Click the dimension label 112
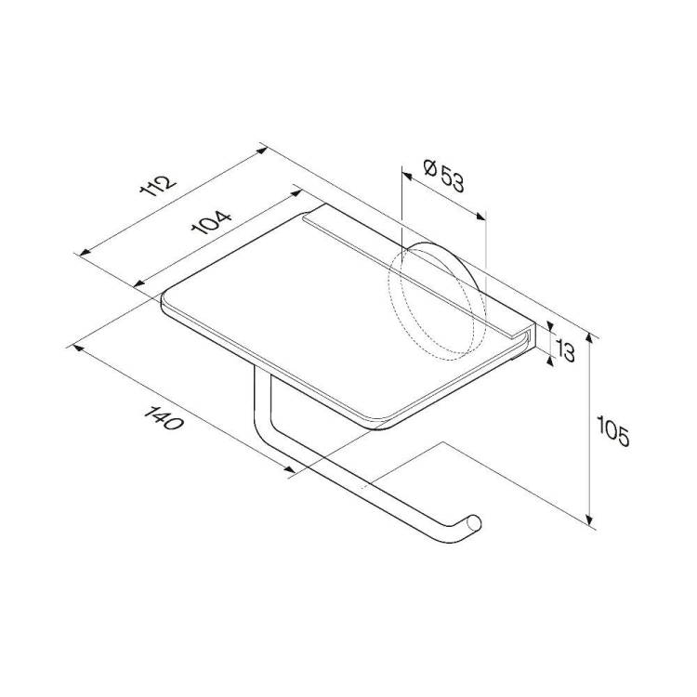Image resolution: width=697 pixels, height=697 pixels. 158,186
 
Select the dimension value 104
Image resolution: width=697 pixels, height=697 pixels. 212,222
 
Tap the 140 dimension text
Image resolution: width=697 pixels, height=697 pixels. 164,418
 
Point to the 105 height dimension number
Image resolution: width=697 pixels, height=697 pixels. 613,430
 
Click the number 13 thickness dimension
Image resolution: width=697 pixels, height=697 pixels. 564,351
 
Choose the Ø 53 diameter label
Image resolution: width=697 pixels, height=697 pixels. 443,177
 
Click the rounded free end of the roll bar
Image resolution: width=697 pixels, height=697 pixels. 474,523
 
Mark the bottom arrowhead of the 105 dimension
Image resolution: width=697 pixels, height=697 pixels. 589,520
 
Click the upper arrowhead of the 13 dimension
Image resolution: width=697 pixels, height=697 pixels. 550,327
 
